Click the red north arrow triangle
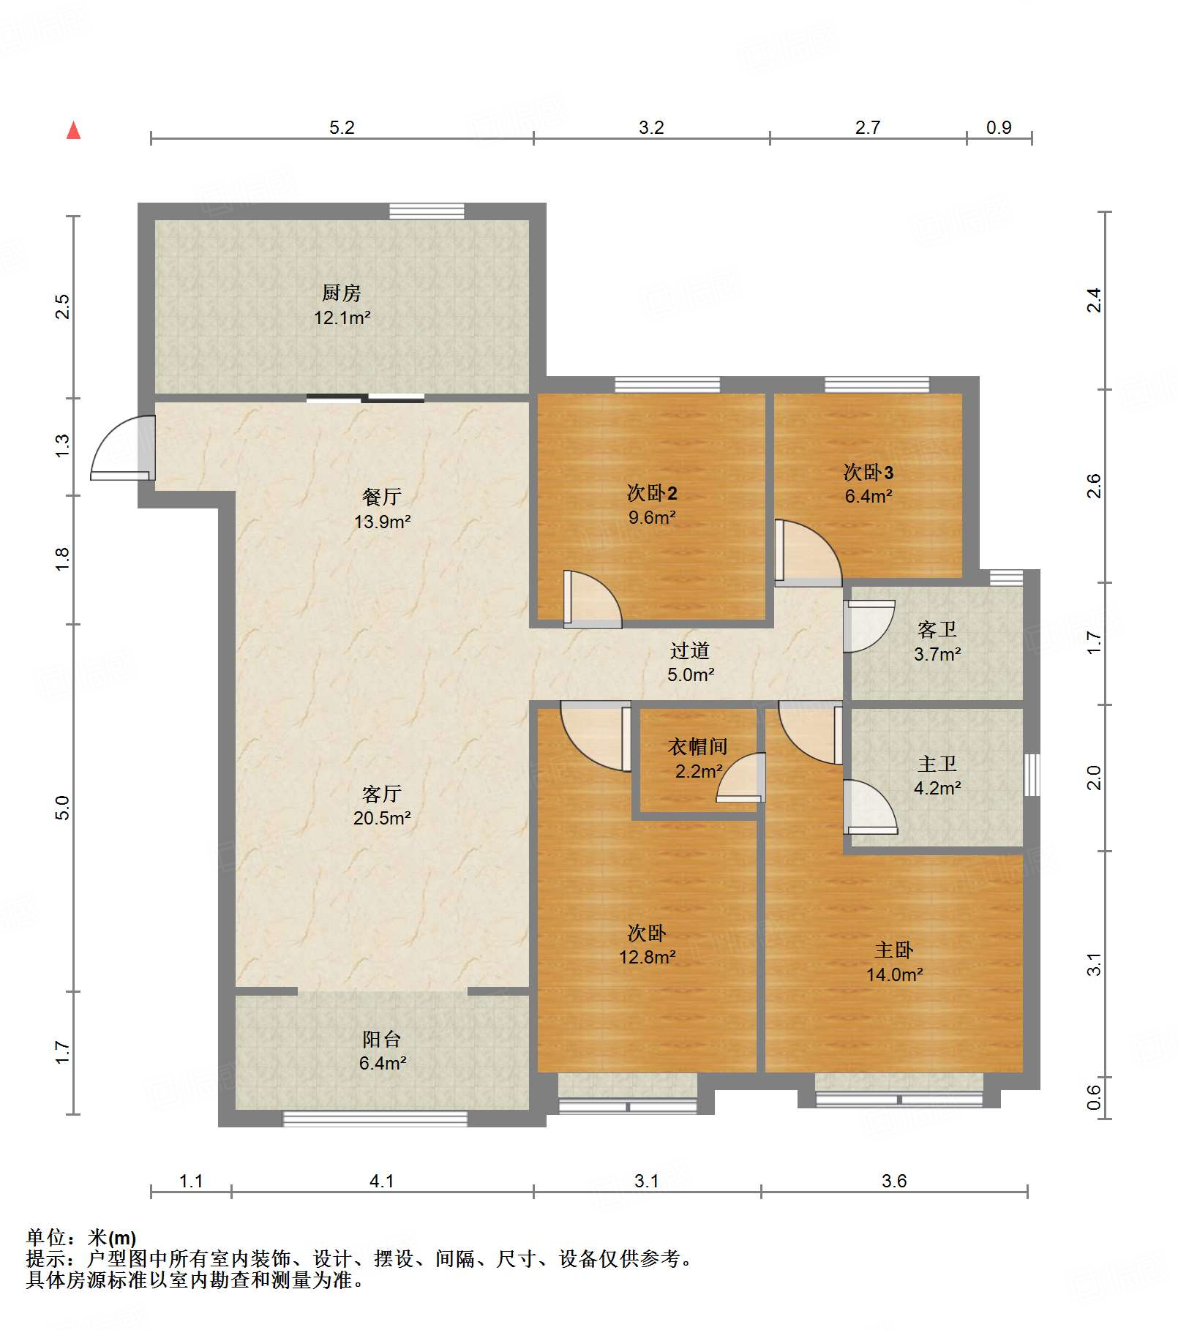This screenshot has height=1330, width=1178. point(73,130)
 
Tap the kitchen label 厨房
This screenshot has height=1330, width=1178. point(342,293)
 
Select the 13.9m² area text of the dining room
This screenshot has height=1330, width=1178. point(382,522)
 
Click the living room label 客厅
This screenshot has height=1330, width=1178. point(382,794)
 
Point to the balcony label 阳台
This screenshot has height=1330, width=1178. point(382,1039)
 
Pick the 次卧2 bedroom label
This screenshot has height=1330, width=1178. point(652,493)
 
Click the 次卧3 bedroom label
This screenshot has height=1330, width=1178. point(869,472)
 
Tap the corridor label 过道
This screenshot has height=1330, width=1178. point(690,650)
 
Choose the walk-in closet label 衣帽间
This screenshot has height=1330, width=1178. point(697,746)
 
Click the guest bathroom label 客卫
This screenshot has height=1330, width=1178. point(937,629)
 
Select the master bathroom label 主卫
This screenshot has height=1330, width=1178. point(937,764)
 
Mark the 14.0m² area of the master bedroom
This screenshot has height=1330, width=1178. point(894,974)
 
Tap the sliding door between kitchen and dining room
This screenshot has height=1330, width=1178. point(365,398)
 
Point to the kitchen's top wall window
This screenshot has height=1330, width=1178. point(427,211)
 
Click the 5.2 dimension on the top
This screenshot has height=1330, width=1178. point(342,127)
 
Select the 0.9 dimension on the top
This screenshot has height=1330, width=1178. point(999,127)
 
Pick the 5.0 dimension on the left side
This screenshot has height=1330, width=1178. point(62,808)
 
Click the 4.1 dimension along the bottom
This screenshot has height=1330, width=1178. point(382,1181)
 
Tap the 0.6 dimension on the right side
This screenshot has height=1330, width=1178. point(1093,1097)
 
